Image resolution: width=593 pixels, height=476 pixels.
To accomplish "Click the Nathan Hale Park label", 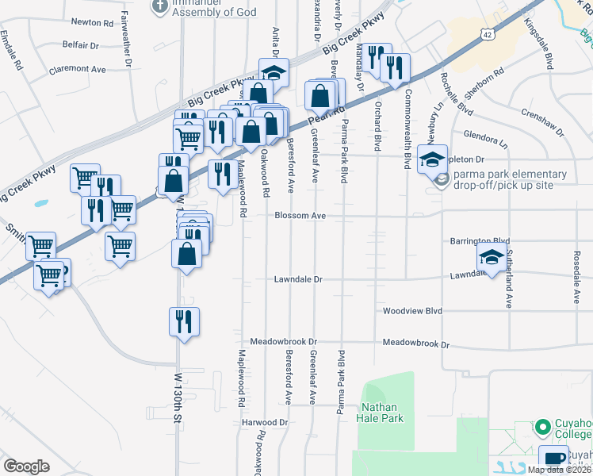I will click(383, 413).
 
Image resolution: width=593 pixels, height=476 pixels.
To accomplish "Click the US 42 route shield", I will click(488, 33).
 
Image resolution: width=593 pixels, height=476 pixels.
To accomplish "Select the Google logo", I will click(26, 466).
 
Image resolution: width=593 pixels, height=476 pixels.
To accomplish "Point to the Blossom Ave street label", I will click(300, 215).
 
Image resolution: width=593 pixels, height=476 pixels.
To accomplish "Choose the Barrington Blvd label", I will click(479, 240).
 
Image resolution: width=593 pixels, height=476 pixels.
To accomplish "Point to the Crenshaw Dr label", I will click(542, 117).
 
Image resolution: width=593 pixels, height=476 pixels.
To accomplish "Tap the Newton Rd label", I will click(92, 23).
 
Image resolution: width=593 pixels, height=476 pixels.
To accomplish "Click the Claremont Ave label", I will click(77, 70).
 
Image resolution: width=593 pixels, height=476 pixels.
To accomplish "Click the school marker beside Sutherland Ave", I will click(492, 259).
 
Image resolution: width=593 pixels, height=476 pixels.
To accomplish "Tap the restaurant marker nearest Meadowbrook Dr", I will click(184, 322).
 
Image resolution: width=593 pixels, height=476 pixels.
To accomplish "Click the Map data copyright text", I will click(559, 470).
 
